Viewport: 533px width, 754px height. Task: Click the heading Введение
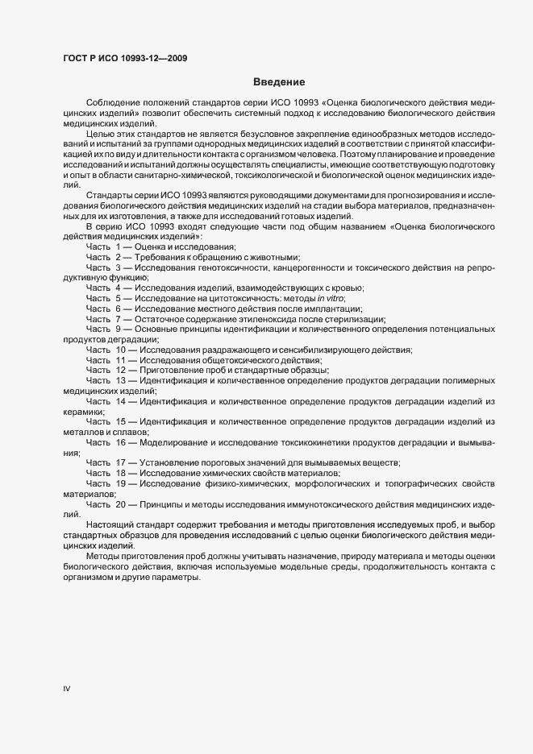278,82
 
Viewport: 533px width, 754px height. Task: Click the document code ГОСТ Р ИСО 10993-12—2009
125,59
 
